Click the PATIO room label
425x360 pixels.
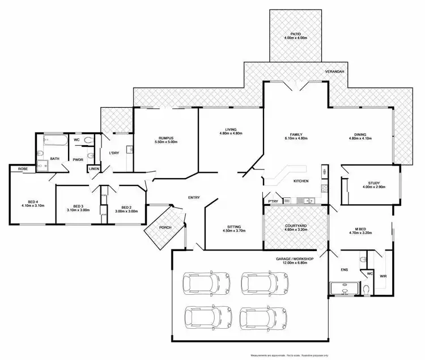click(x=295, y=35)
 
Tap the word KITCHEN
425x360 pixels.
click(x=301, y=181)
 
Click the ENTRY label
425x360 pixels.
click(x=194, y=197)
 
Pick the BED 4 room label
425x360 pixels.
click(x=28, y=203)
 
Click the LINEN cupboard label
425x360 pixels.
click(x=94, y=169)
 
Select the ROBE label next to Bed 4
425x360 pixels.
click(x=23, y=168)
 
